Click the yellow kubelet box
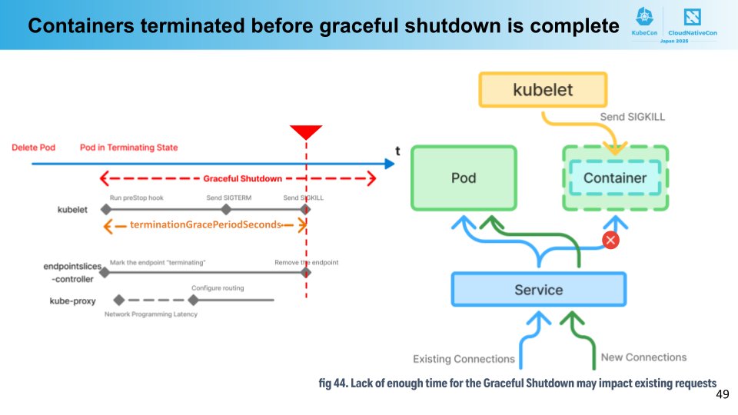(543, 89)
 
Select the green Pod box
(464, 178)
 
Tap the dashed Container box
(615, 178)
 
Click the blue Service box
(538, 290)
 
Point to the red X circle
(611, 241)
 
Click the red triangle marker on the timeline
(306, 132)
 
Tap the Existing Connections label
(464, 359)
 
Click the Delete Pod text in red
(33, 148)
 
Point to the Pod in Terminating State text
(128, 148)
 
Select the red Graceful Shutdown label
(242, 178)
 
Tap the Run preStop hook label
(136, 198)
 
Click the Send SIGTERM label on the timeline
(226, 198)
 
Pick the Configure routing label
(218, 288)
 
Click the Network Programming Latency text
(151, 314)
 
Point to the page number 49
(722, 393)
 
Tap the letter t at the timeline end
(397, 151)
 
